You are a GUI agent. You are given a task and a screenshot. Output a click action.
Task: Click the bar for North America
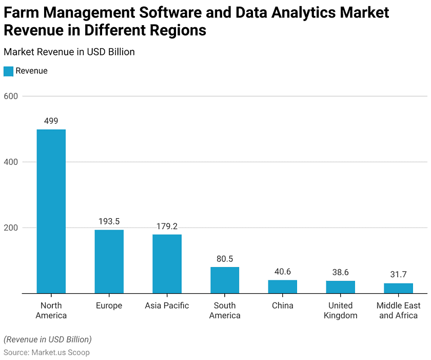tap(51, 211)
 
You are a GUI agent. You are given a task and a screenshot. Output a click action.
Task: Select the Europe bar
tap(109, 261)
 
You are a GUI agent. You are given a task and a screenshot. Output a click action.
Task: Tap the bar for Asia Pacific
tap(167, 264)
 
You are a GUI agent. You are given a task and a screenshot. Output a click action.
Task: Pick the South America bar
tap(225, 280)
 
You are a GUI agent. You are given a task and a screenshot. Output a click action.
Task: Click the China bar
tap(283, 287)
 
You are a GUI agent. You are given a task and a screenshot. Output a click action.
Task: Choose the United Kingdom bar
tap(341, 287)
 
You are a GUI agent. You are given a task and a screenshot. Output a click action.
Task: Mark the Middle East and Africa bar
tap(399, 288)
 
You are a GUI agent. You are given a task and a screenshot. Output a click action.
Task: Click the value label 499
tap(51, 121)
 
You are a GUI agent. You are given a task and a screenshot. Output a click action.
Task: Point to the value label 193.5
tap(109, 221)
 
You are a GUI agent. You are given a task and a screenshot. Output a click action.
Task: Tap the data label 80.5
tap(225, 259)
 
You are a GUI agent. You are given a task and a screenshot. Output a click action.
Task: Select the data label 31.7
tap(399, 275)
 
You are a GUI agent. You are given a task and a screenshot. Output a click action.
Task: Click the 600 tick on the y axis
tap(11, 96)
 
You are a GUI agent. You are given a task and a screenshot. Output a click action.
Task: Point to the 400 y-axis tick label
tap(11, 162)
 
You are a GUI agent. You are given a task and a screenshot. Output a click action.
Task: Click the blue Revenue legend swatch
tap(8, 71)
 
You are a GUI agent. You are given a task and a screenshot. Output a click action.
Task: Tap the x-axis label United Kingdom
tap(341, 310)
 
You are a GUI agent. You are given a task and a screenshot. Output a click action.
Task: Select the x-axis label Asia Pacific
tap(167, 306)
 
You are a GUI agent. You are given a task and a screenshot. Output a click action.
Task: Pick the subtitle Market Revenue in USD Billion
tap(69, 52)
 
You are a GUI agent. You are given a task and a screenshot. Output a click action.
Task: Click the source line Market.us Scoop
tap(47, 352)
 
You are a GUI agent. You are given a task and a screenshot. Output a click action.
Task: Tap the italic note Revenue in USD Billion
tap(48, 339)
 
